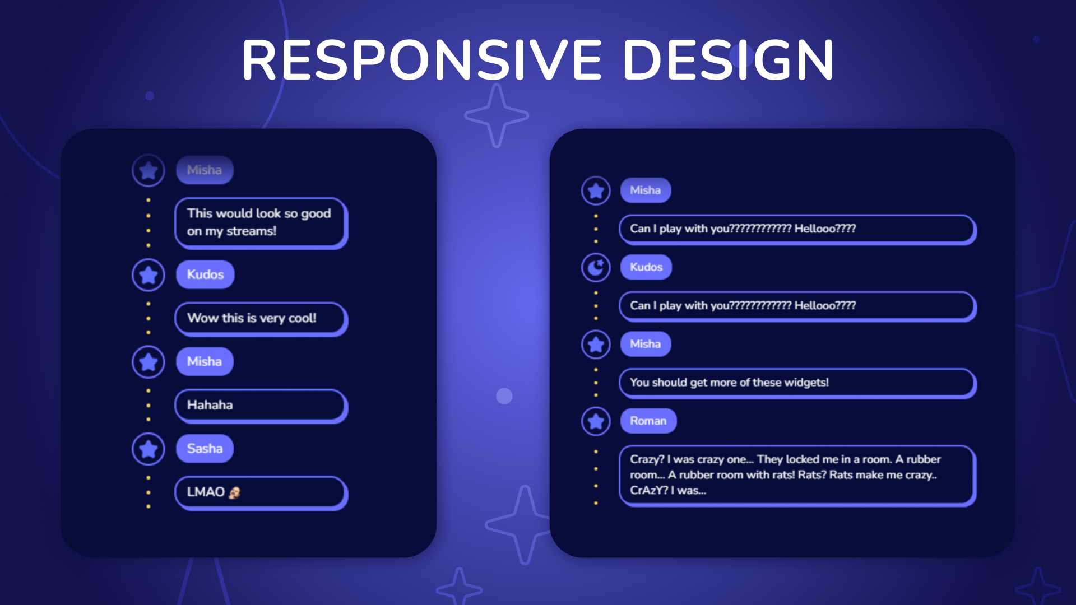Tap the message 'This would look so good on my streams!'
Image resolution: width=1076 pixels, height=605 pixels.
click(x=261, y=223)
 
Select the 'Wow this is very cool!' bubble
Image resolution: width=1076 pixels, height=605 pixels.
click(x=261, y=319)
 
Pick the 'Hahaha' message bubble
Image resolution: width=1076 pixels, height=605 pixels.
click(x=261, y=406)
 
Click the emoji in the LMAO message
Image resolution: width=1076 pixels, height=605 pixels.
click(x=234, y=492)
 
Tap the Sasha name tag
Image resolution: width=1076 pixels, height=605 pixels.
click(x=205, y=449)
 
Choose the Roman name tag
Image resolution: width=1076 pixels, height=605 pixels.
click(x=648, y=421)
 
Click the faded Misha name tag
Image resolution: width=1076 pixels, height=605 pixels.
click(x=205, y=170)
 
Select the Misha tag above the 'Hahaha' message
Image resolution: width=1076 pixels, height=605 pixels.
click(x=205, y=362)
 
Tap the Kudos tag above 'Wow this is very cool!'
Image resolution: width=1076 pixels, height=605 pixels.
click(x=205, y=275)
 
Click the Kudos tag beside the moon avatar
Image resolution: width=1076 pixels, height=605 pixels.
click(x=646, y=267)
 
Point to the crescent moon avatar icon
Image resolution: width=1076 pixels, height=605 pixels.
click(x=596, y=267)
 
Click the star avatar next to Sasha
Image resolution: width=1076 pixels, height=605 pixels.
click(x=149, y=449)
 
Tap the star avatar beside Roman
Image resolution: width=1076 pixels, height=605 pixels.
click(x=596, y=421)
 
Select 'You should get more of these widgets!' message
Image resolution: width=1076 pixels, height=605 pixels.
click(x=797, y=383)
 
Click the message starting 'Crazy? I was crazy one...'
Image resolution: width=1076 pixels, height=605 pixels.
click(x=797, y=476)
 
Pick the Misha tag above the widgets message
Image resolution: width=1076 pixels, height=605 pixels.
click(x=646, y=344)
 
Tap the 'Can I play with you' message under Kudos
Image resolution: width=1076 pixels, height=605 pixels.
click(x=797, y=306)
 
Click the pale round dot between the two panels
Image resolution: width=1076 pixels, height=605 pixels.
click(x=504, y=396)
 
